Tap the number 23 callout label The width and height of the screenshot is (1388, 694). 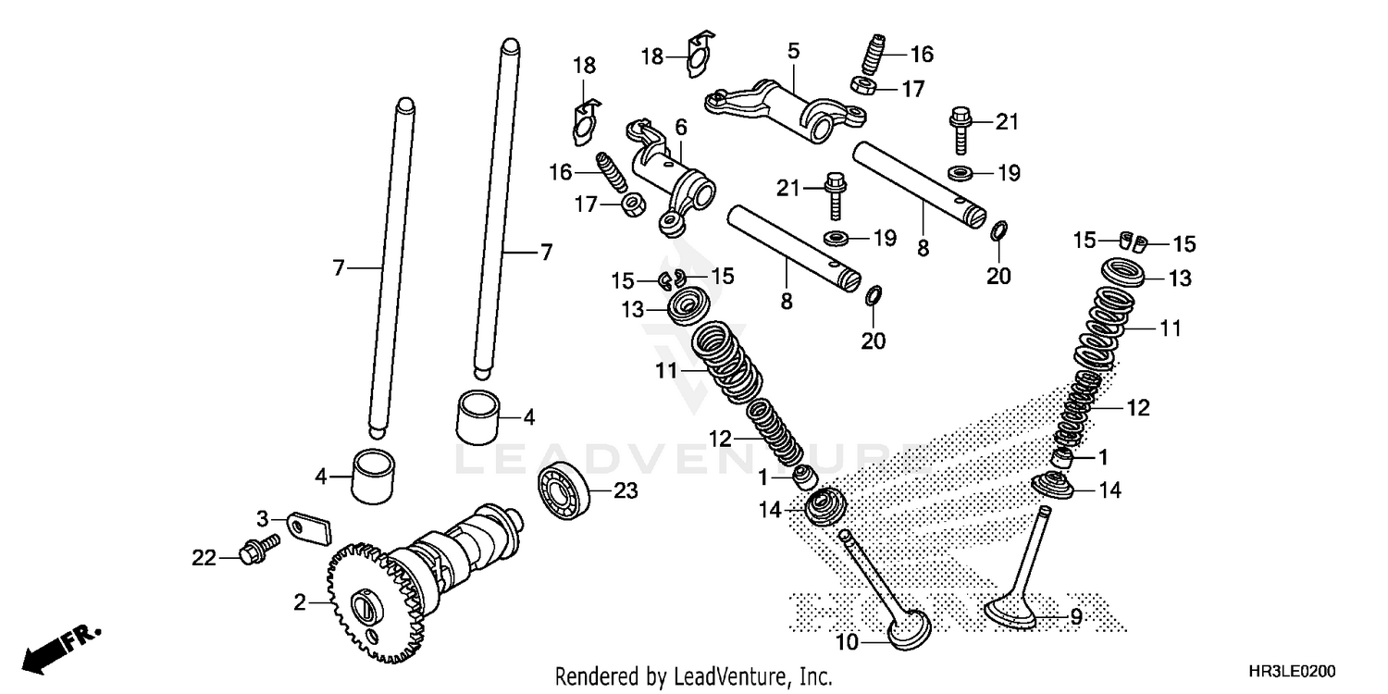(626, 491)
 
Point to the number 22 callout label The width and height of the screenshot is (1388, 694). (204, 558)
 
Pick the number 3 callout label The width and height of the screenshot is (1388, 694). (262, 517)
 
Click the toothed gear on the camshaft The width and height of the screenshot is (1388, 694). (370, 606)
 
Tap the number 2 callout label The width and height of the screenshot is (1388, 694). (299, 603)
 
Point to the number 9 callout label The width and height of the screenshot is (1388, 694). (1076, 617)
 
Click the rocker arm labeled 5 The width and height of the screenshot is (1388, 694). (787, 104)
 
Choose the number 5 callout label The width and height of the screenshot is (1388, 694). (793, 51)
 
